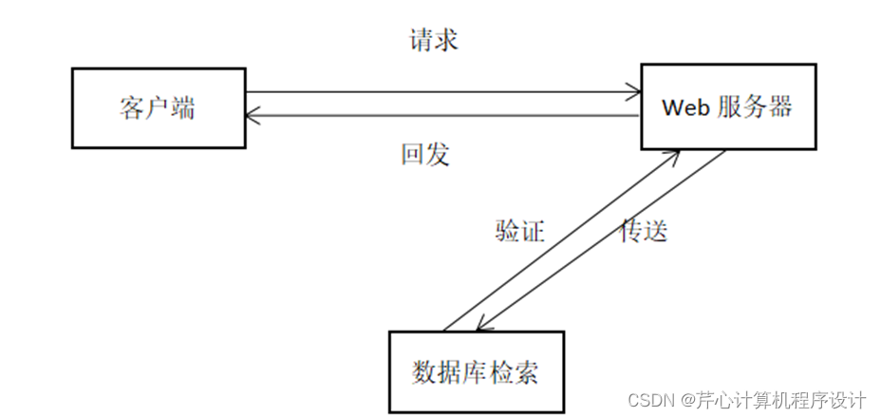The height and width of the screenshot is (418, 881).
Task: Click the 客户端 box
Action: (159, 107)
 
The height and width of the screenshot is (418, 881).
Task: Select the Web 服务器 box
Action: (726, 106)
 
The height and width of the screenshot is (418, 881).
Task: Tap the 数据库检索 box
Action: (476, 371)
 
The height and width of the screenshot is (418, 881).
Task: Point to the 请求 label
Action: (434, 41)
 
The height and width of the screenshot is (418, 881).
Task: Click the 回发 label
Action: (424, 155)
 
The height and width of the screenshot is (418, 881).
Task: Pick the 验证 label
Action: (519, 231)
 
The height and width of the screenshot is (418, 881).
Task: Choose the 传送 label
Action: (644, 231)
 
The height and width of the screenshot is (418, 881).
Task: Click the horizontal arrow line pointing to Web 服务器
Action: (437, 92)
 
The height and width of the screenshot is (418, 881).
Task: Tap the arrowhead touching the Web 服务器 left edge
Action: (634, 92)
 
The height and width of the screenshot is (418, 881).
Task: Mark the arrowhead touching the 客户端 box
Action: (253, 116)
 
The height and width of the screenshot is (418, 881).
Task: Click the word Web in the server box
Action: (685, 107)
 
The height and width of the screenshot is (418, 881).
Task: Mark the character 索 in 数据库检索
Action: (526, 372)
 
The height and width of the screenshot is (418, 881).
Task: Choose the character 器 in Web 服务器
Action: (779, 106)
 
